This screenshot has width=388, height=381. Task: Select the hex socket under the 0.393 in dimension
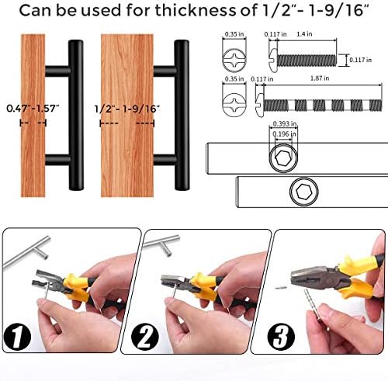tap(280, 161)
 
